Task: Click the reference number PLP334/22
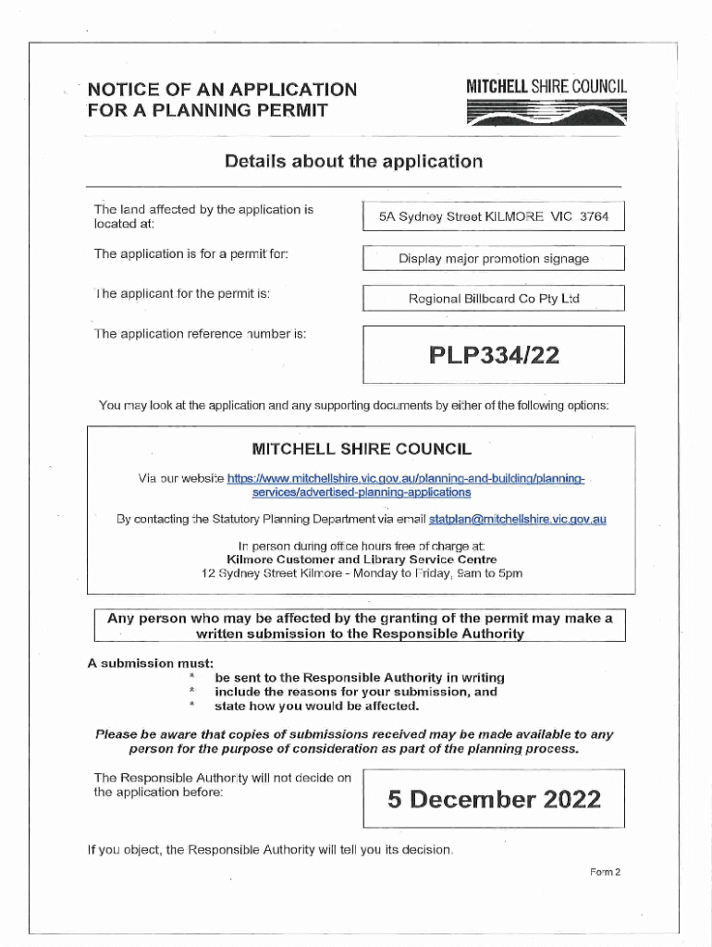[x=493, y=354]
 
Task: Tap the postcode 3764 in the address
[x=595, y=218]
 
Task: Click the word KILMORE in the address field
[x=511, y=218]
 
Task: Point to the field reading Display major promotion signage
[x=493, y=259]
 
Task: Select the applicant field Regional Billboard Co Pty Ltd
[x=493, y=299]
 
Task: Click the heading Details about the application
[x=353, y=162]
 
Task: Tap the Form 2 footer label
[x=604, y=872]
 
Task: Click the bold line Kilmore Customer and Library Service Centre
[x=362, y=560]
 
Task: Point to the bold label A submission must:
[x=150, y=663]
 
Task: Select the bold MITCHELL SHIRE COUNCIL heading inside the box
[x=362, y=449]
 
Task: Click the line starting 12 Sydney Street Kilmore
[x=362, y=573]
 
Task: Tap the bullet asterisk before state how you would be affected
[x=192, y=706]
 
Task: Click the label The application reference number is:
[x=200, y=334]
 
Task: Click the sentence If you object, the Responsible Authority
[x=269, y=849]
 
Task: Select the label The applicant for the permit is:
[x=182, y=294]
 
